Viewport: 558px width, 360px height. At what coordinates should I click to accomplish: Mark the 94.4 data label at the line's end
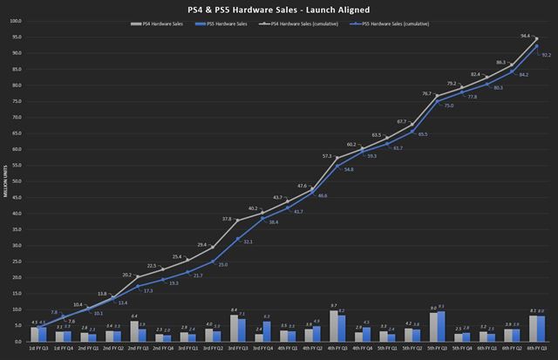(x=525, y=37)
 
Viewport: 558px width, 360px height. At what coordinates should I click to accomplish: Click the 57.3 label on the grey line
(x=327, y=156)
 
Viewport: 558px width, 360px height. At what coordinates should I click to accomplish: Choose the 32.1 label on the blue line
(x=246, y=241)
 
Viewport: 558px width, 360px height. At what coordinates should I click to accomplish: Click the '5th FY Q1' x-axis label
(x=389, y=348)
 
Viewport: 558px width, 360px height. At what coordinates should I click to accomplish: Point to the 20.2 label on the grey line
(x=126, y=274)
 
